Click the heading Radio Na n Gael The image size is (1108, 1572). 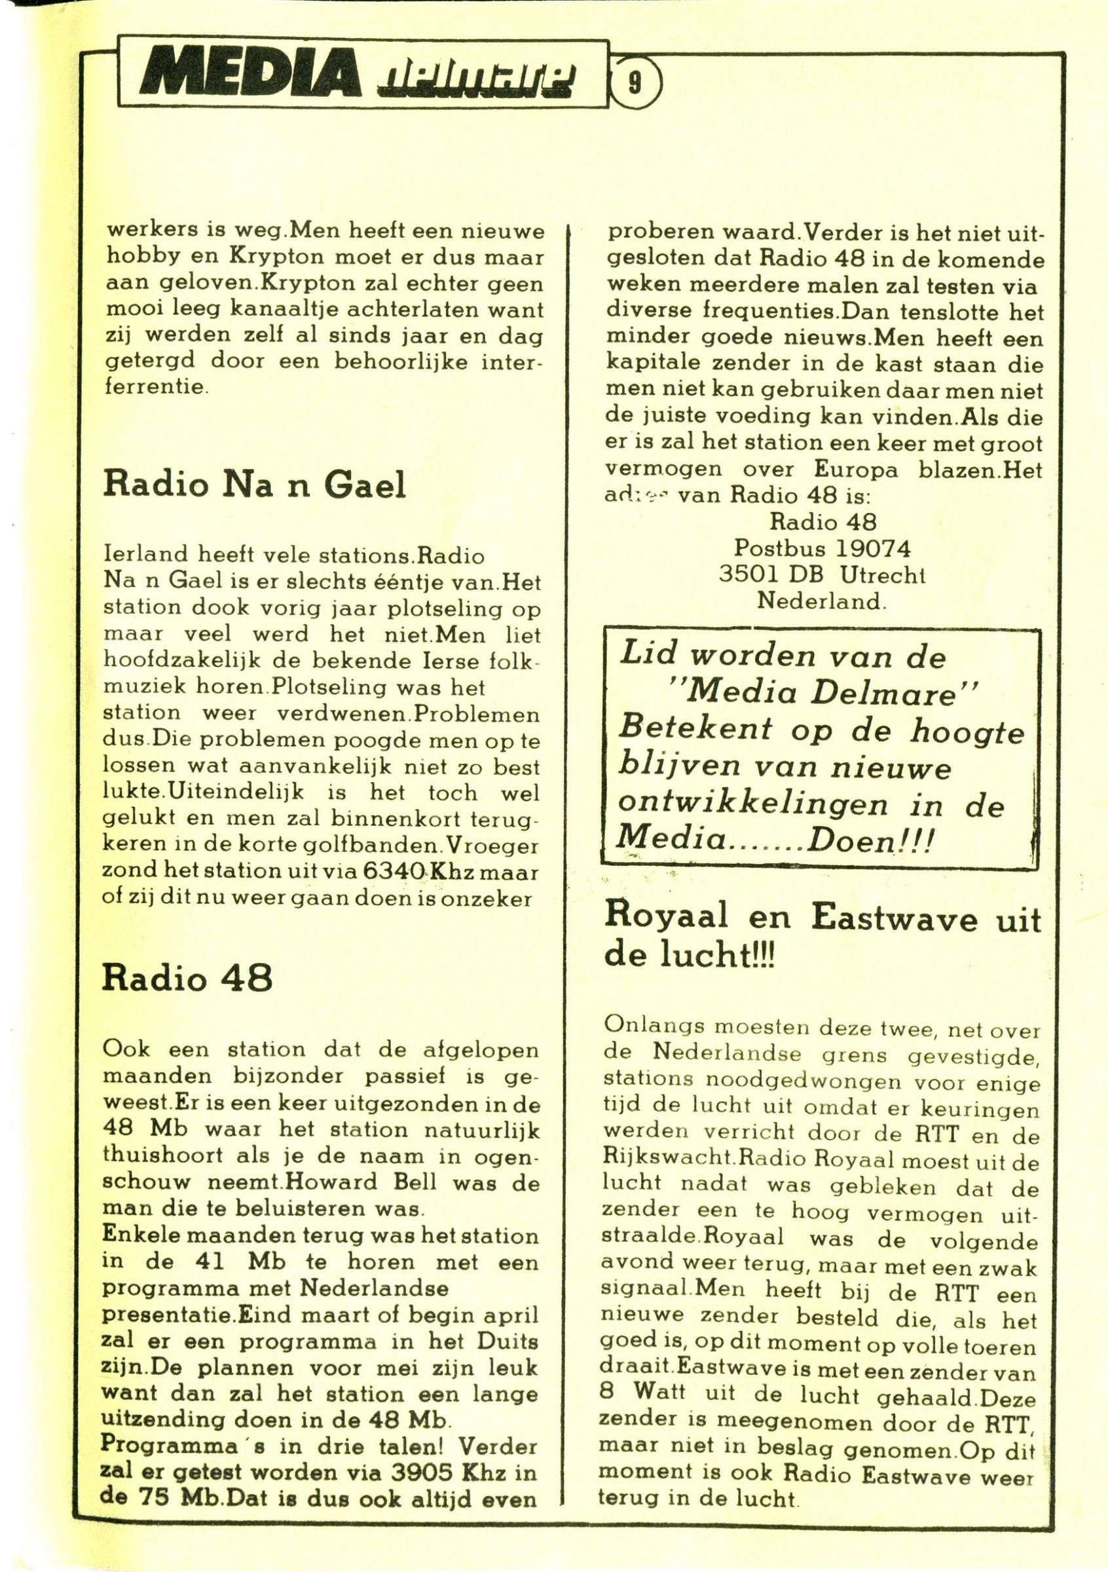(x=254, y=487)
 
